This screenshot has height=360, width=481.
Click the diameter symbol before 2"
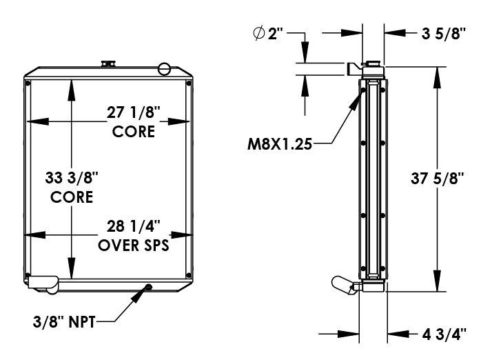coord(259,34)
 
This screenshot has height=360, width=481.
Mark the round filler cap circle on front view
coord(164,68)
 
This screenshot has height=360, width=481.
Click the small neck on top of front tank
coord(108,64)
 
